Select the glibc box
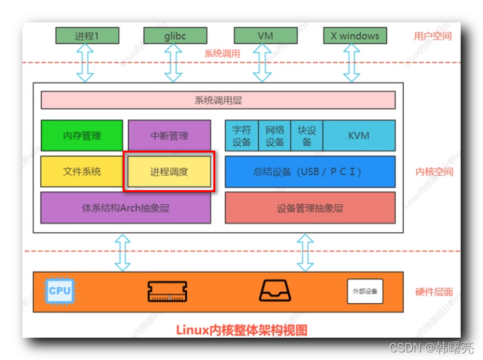(173, 36)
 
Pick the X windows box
(355, 36)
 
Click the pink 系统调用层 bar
(218, 100)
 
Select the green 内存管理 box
(82, 135)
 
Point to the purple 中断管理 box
(169, 135)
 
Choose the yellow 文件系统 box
(82, 172)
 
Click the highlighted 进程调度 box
(169, 172)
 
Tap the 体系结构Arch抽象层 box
(125, 207)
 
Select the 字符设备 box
(241, 135)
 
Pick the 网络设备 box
(275, 135)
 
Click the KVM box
(358, 135)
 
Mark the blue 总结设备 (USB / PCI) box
(310, 172)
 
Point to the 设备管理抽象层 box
(310, 207)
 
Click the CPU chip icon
(59, 290)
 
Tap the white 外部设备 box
(365, 291)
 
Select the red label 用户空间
(433, 36)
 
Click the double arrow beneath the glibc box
(173, 63)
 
